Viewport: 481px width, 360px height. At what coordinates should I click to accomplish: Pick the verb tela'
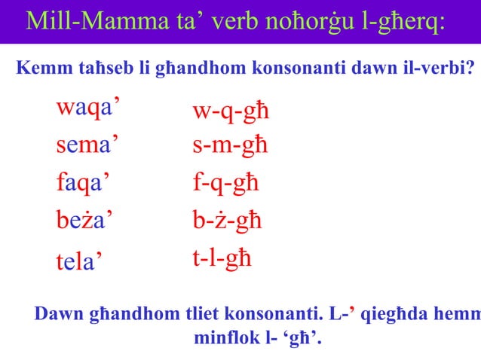79,261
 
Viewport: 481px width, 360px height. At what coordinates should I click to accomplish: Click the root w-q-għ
231,113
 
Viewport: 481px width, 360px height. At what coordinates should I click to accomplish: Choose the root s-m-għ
230,146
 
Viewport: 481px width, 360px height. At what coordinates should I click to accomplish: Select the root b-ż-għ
227,221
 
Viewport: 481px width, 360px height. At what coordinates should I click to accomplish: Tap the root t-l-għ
222,258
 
